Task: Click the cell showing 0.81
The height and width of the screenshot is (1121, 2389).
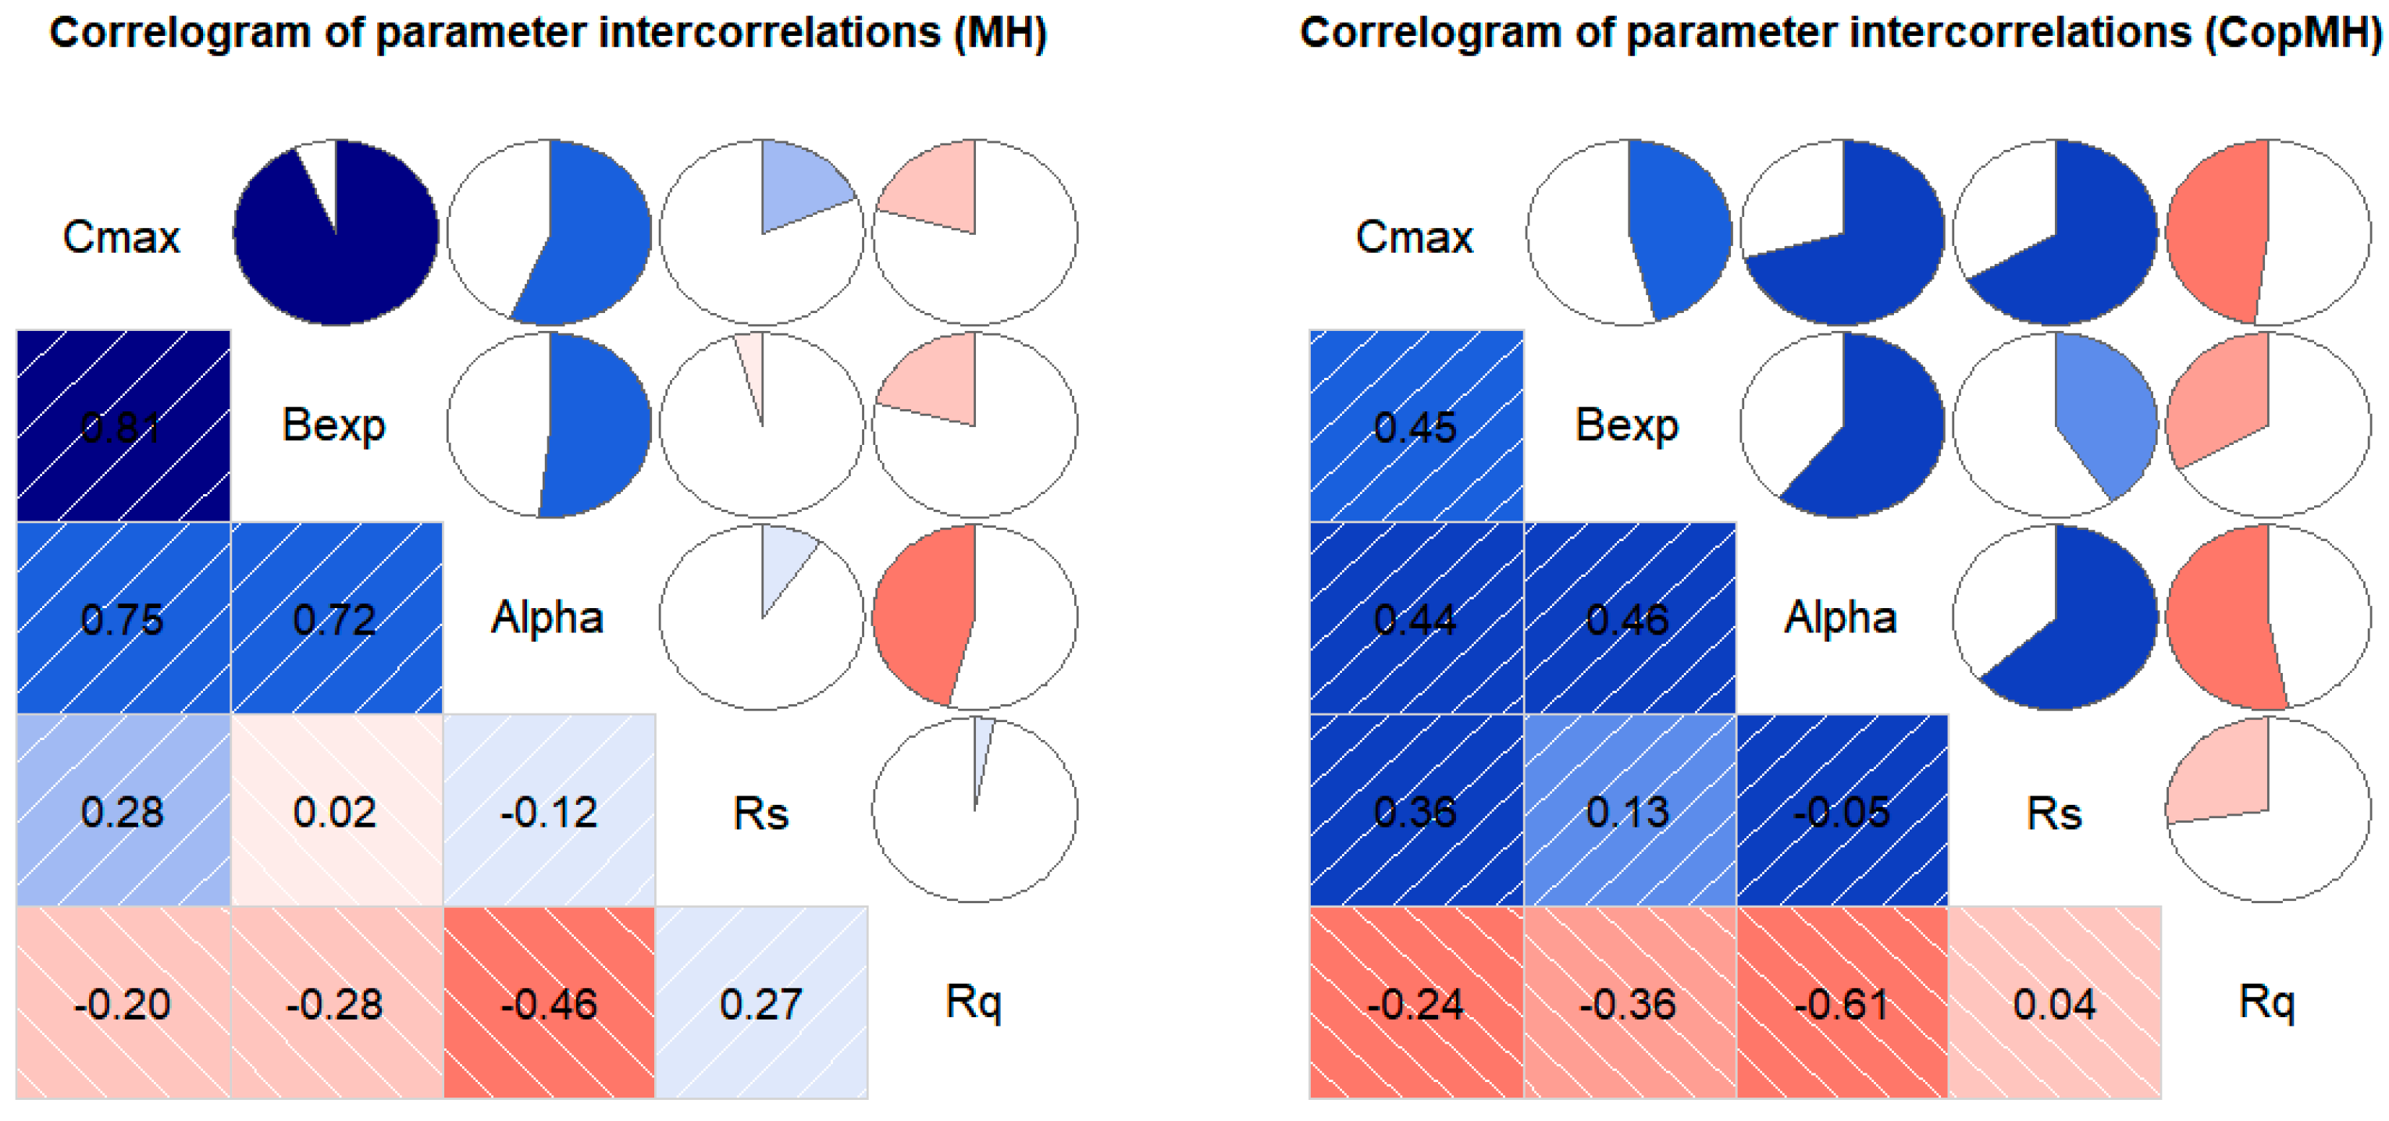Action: pos(123,426)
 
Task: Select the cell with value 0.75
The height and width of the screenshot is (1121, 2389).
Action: pos(123,618)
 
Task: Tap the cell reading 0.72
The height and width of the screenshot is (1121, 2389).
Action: pos(336,618)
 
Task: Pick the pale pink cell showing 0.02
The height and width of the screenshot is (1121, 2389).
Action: pos(336,811)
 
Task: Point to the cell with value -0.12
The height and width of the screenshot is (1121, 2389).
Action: pos(549,811)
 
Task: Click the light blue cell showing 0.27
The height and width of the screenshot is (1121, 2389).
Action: pos(761,1003)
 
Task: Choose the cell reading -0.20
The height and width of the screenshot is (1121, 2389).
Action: pos(123,1003)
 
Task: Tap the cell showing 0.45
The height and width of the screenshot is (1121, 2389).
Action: pos(1415,426)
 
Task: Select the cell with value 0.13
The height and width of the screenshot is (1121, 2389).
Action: pos(1629,811)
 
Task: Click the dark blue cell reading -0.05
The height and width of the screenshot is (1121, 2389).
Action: pos(1842,811)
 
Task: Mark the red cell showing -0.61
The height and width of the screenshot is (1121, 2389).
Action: pos(1842,1003)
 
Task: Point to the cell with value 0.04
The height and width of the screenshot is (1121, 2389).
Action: pos(2054,1003)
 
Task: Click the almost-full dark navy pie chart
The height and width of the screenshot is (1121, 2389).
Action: pos(336,233)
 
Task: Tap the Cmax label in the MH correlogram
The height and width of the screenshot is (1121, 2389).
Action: pos(122,237)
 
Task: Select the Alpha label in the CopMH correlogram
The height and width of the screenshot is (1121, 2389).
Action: pos(1841,617)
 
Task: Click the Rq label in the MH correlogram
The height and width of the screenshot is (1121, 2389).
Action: pos(974,1002)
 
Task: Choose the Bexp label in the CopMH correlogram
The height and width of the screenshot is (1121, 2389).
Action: pos(1628,425)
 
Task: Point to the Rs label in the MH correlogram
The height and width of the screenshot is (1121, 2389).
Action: pos(760,813)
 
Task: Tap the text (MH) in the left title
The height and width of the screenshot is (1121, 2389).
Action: pos(1001,34)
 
